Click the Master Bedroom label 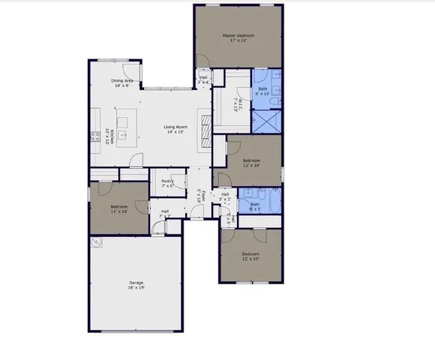(x=238, y=34)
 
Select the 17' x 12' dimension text (x=238, y=40)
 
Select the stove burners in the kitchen (x=95, y=136)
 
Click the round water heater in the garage (x=96, y=244)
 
